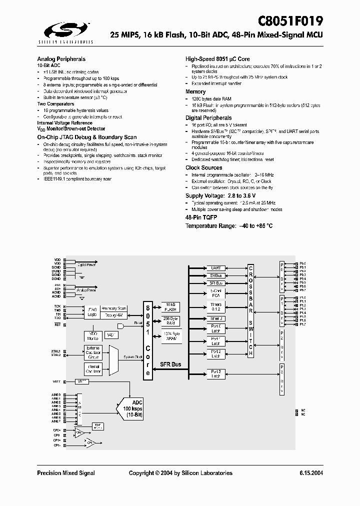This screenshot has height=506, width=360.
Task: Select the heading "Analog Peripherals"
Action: click(61, 59)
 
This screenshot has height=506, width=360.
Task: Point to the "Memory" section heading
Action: click(195, 91)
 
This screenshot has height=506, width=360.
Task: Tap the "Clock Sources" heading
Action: click(203, 167)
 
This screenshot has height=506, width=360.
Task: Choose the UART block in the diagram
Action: click(215, 268)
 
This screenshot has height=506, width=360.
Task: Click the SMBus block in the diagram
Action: click(215, 275)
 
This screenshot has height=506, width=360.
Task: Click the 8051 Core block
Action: click(148, 340)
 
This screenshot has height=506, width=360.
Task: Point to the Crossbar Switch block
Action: click(251, 310)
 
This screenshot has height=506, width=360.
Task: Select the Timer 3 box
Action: click(215, 318)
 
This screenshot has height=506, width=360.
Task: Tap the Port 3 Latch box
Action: click(215, 373)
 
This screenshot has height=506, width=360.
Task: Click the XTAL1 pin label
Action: click(55, 351)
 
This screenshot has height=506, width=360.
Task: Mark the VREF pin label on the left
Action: click(56, 381)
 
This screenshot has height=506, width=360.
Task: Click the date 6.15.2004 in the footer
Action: click(311, 473)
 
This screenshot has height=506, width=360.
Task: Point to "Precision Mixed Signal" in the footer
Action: click(66, 473)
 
